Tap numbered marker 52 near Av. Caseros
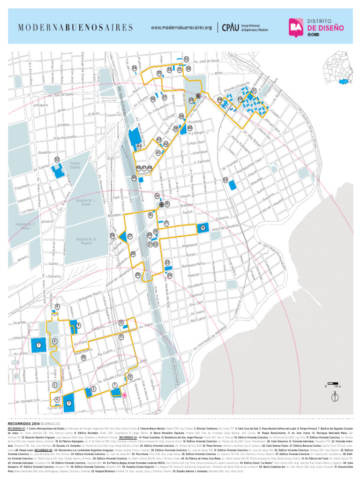pos(57,160)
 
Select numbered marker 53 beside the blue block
pos(225,180)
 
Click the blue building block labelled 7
pos(38,345)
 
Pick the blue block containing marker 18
pos(202,228)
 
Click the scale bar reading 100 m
pos(332,386)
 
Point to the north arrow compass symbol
pos(335,397)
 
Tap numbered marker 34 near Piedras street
pos(135,68)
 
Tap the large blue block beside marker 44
pos(134,137)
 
